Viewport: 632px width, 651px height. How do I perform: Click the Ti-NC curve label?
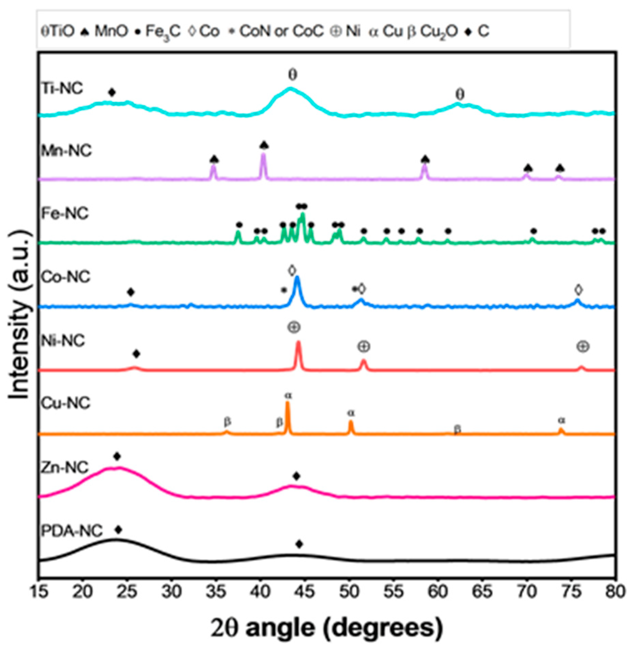point(62,88)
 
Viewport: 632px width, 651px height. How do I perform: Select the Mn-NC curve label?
point(66,150)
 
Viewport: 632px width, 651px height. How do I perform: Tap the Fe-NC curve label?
point(65,213)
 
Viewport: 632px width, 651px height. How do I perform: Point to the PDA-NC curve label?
point(72,531)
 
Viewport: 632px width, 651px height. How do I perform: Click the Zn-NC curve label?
point(65,467)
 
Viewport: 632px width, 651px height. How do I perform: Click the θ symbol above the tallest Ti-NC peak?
point(293,75)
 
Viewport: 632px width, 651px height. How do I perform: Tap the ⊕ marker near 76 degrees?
point(583,347)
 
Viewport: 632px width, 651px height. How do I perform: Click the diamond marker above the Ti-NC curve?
point(112,92)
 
